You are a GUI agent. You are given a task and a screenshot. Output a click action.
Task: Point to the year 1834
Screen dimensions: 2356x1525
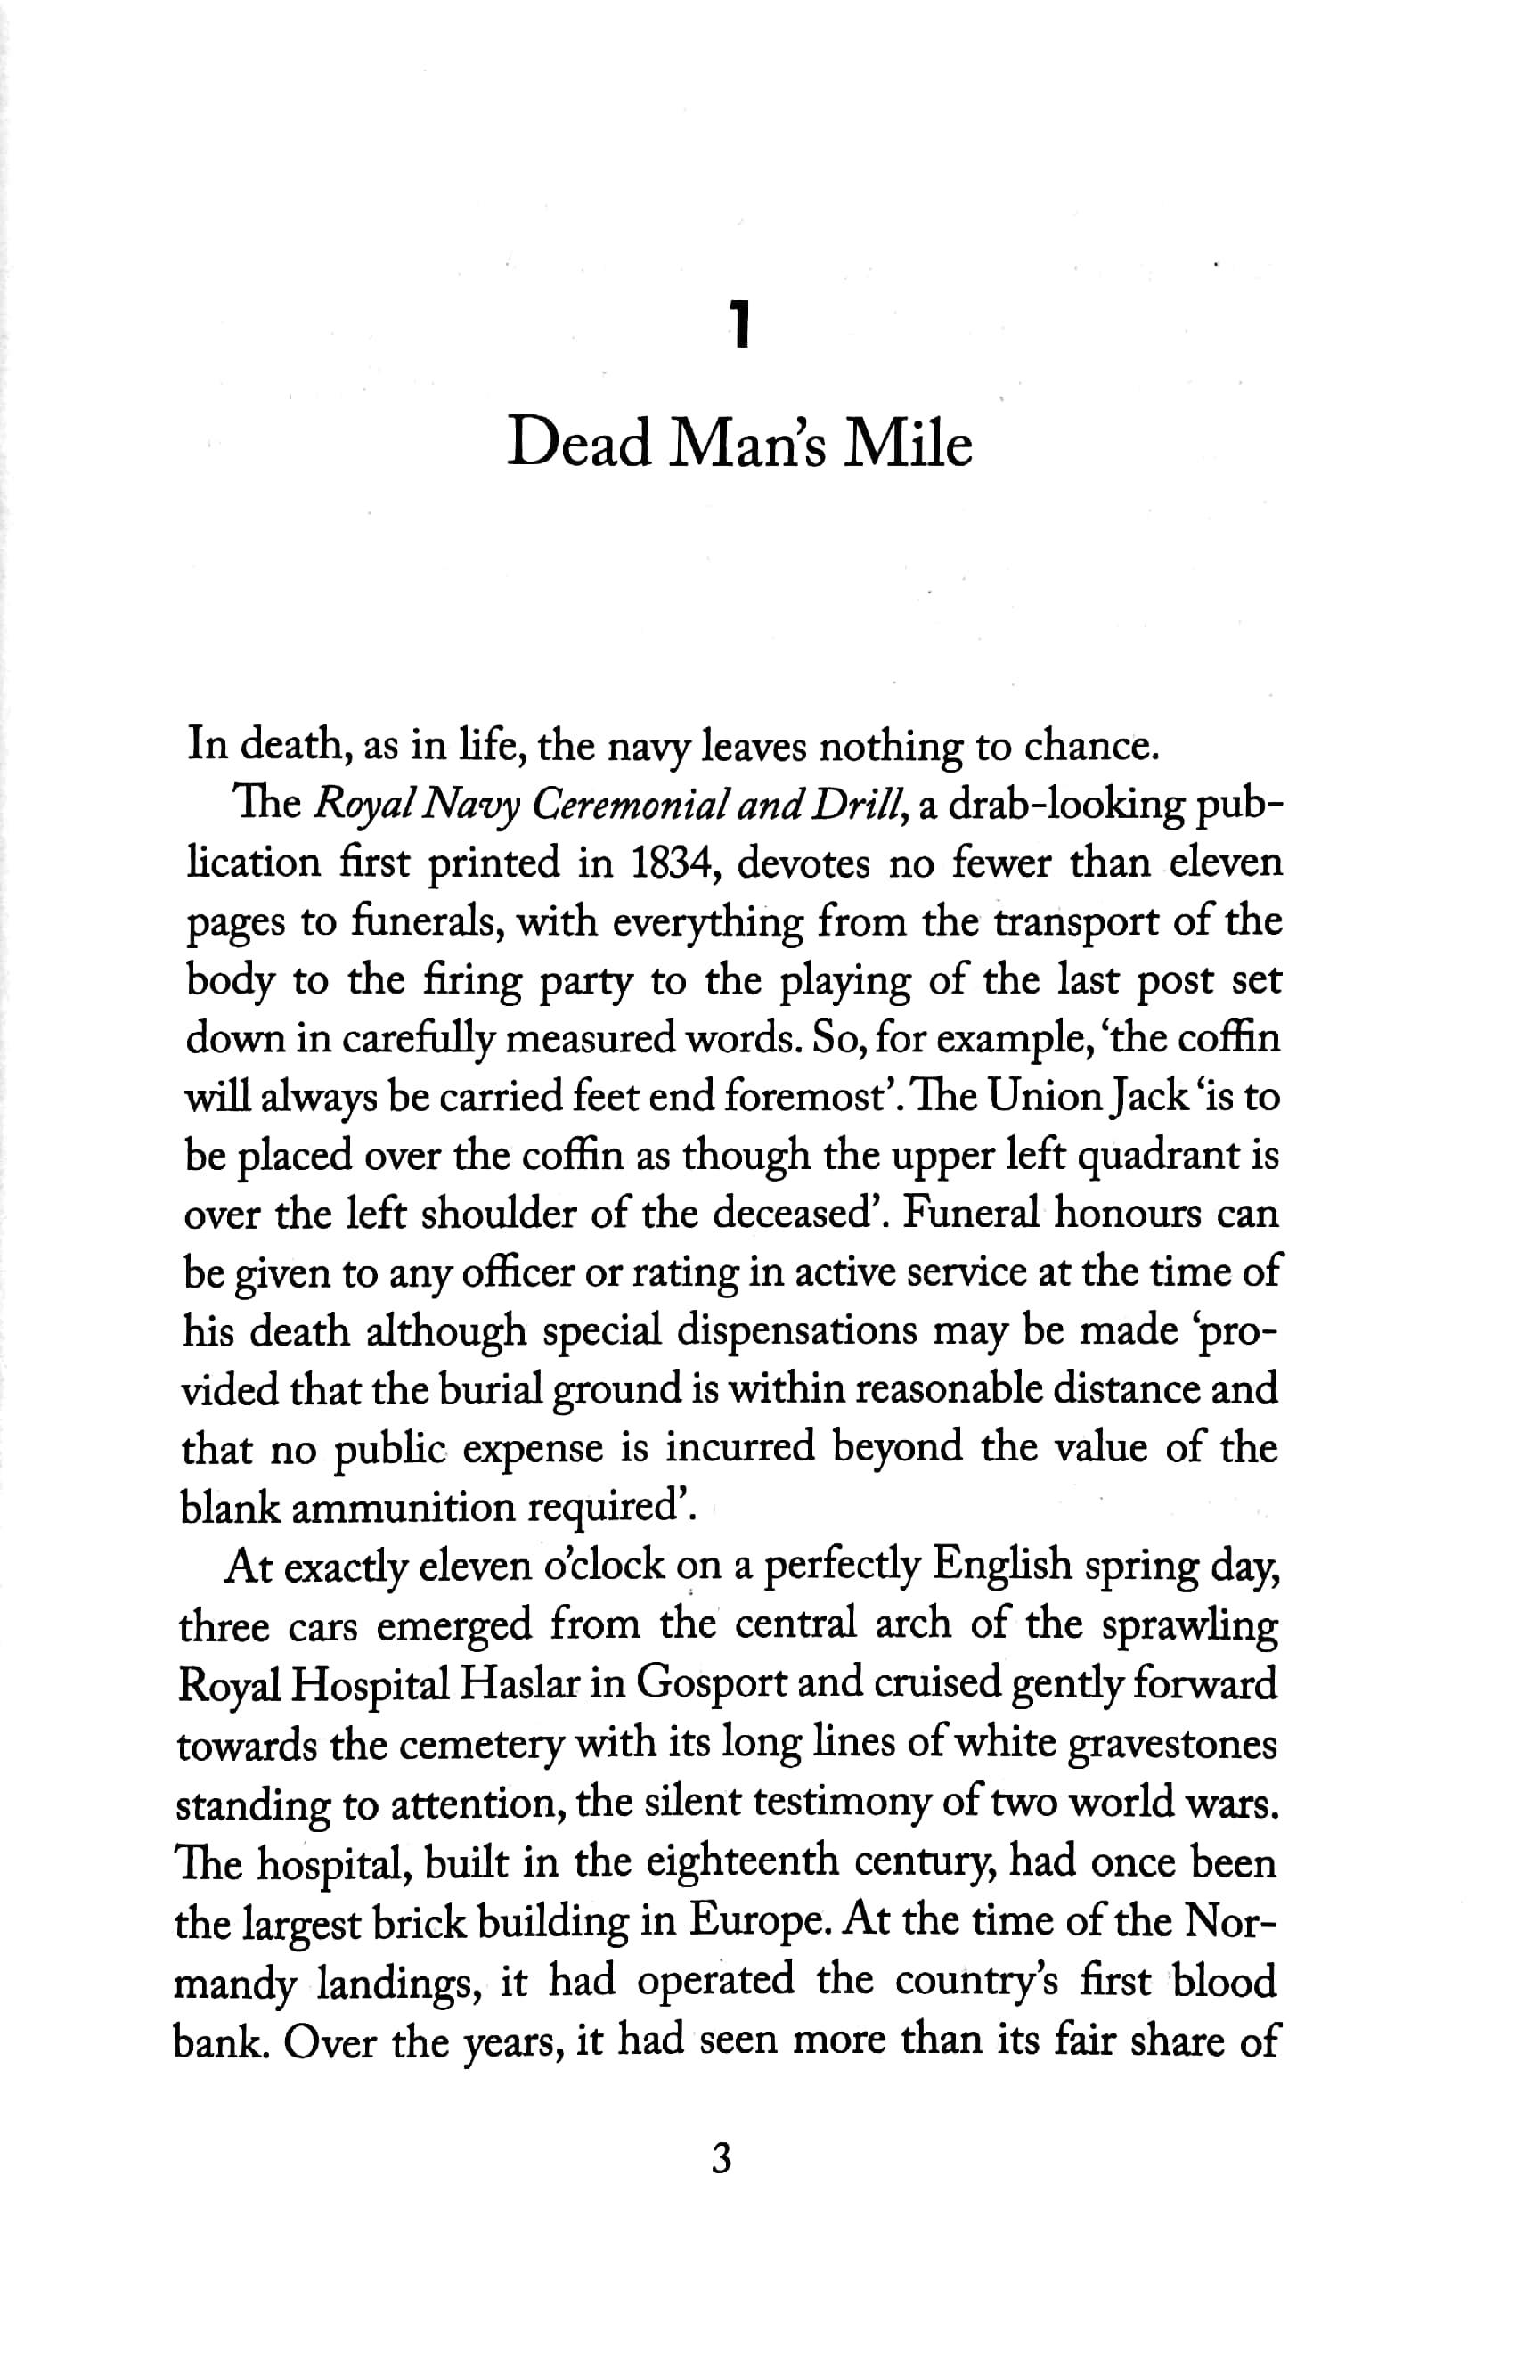pos(669,863)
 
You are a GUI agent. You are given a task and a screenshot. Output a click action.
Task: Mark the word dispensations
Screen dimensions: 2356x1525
pos(797,1331)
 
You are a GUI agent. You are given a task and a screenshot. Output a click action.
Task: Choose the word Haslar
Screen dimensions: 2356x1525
pos(515,1684)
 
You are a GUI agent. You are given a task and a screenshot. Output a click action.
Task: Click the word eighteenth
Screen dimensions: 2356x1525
pos(743,1861)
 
